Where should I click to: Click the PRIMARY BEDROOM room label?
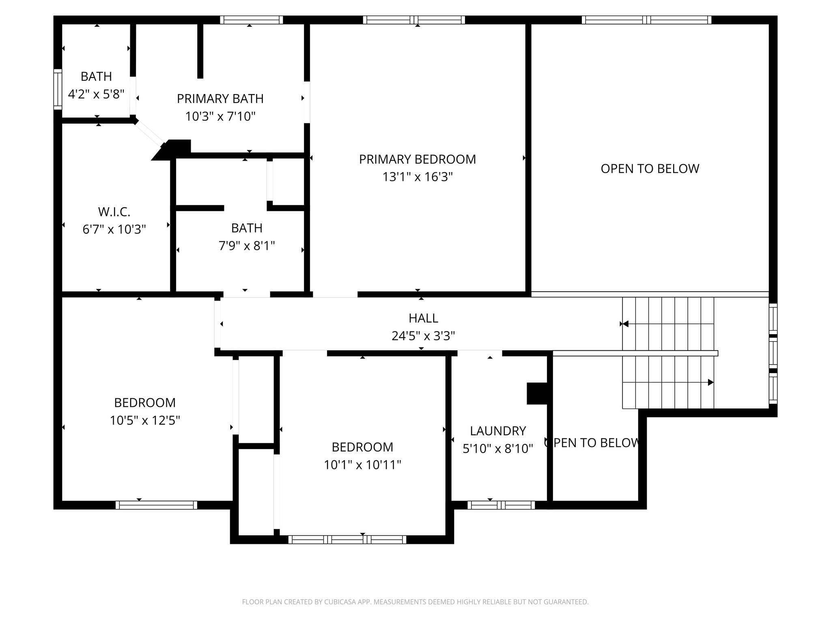(x=417, y=159)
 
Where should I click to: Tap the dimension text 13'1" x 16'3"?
(x=417, y=177)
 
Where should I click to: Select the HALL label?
(x=423, y=318)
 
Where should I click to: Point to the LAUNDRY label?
(x=498, y=431)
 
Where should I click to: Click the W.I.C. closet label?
(x=114, y=212)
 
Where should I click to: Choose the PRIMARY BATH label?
(x=220, y=99)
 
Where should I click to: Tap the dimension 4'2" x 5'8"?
(x=96, y=95)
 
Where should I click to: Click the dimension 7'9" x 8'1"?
(x=247, y=246)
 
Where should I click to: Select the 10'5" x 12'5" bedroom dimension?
(x=145, y=421)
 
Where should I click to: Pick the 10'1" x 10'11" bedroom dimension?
(x=362, y=465)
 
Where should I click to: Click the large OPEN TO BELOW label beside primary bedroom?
(x=650, y=169)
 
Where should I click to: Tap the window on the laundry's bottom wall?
(x=501, y=505)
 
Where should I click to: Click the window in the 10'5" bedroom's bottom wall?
(x=156, y=505)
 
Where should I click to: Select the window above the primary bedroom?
(x=414, y=20)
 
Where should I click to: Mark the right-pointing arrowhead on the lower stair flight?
(x=710, y=382)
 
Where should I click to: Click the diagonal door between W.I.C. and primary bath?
(x=149, y=133)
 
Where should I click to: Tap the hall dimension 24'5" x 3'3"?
(x=423, y=336)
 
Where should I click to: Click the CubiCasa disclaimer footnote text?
(x=415, y=602)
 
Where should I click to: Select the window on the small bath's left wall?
(x=58, y=89)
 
